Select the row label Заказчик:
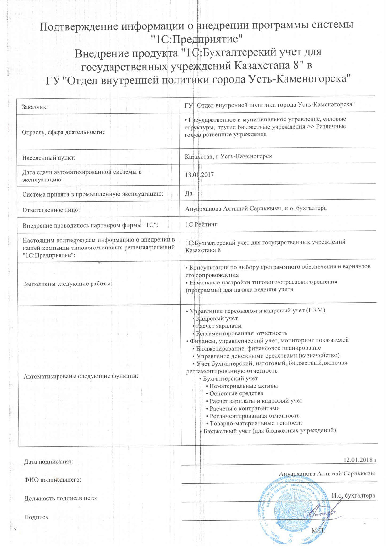[35, 107]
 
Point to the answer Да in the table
[188, 193]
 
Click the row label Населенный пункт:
[49, 158]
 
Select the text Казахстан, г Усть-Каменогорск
[228, 156]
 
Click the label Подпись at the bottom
[36, 517]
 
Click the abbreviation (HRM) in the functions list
[316, 310]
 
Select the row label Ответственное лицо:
[51, 210]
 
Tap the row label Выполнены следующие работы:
[67, 284]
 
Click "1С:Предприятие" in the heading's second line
[198, 39]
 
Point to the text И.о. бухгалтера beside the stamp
[353, 495]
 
